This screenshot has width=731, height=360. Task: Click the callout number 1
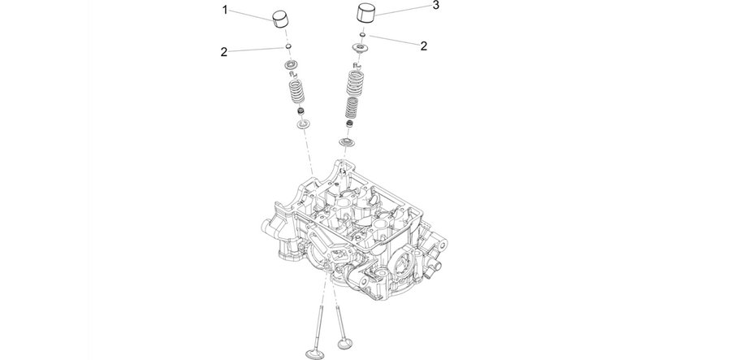tap(225, 10)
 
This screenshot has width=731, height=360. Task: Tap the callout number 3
tap(435, 5)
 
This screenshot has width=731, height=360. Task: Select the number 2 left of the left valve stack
tap(224, 52)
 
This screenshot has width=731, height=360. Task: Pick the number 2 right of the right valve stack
tap(423, 46)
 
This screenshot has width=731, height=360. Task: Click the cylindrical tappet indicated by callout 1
tap(281, 19)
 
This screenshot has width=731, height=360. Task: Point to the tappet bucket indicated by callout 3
tap(366, 12)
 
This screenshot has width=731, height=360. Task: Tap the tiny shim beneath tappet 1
tap(288, 46)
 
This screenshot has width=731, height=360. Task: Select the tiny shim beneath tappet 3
tap(361, 34)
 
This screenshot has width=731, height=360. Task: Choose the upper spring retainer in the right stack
tap(360, 48)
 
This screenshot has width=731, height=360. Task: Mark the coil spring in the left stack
tap(296, 91)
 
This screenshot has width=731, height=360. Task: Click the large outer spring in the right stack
tap(356, 82)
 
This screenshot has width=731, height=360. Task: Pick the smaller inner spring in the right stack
tap(352, 108)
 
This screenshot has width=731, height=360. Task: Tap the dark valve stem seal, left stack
tap(301, 112)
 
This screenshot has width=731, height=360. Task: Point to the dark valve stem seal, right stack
tap(349, 124)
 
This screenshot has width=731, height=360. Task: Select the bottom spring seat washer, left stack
tap(304, 124)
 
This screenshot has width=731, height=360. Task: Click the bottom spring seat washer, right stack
tap(347, 141)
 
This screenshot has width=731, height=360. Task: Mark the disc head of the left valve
tap(314, 353)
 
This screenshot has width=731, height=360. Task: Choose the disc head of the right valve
tap(345, 344)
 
